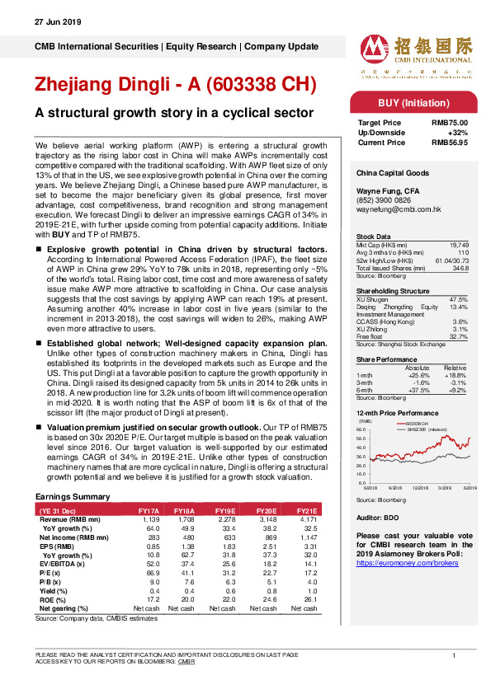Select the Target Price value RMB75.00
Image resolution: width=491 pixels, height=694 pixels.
coord(450,121)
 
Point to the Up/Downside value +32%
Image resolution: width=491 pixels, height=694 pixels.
coord(457,132)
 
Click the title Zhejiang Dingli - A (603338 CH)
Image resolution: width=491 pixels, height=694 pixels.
coord(175,85)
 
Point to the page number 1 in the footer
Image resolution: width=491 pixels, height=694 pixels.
coord(454,655)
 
